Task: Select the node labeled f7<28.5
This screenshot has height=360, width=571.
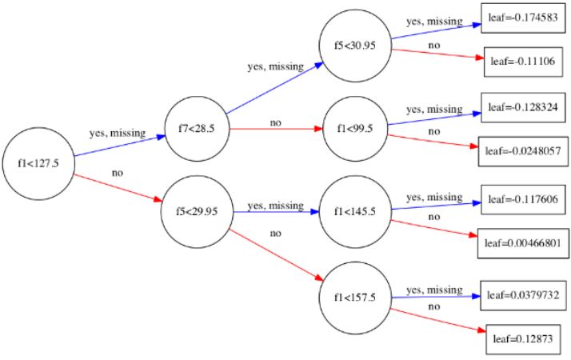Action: click(195, 127)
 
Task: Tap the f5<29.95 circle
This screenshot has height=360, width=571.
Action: click(196, 212)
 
